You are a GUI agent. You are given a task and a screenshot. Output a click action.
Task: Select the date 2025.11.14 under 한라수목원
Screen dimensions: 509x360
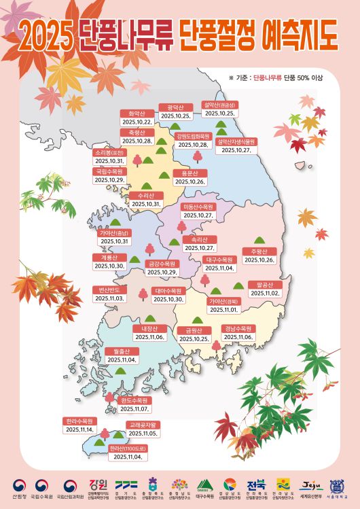pos(79,429)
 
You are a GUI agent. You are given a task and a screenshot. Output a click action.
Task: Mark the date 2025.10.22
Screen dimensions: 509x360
pos(135,122)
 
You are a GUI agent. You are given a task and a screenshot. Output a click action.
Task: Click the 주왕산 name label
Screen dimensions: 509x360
pos(259,251)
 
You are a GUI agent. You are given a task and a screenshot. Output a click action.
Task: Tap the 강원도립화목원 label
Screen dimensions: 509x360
pos(193,136)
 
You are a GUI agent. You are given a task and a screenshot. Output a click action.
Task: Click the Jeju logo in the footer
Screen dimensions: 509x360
pos(312,485)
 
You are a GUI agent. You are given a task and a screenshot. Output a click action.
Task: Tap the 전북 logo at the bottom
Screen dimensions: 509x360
pos(257,485)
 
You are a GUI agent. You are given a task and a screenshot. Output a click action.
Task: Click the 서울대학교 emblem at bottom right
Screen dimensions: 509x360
pos(337,485)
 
